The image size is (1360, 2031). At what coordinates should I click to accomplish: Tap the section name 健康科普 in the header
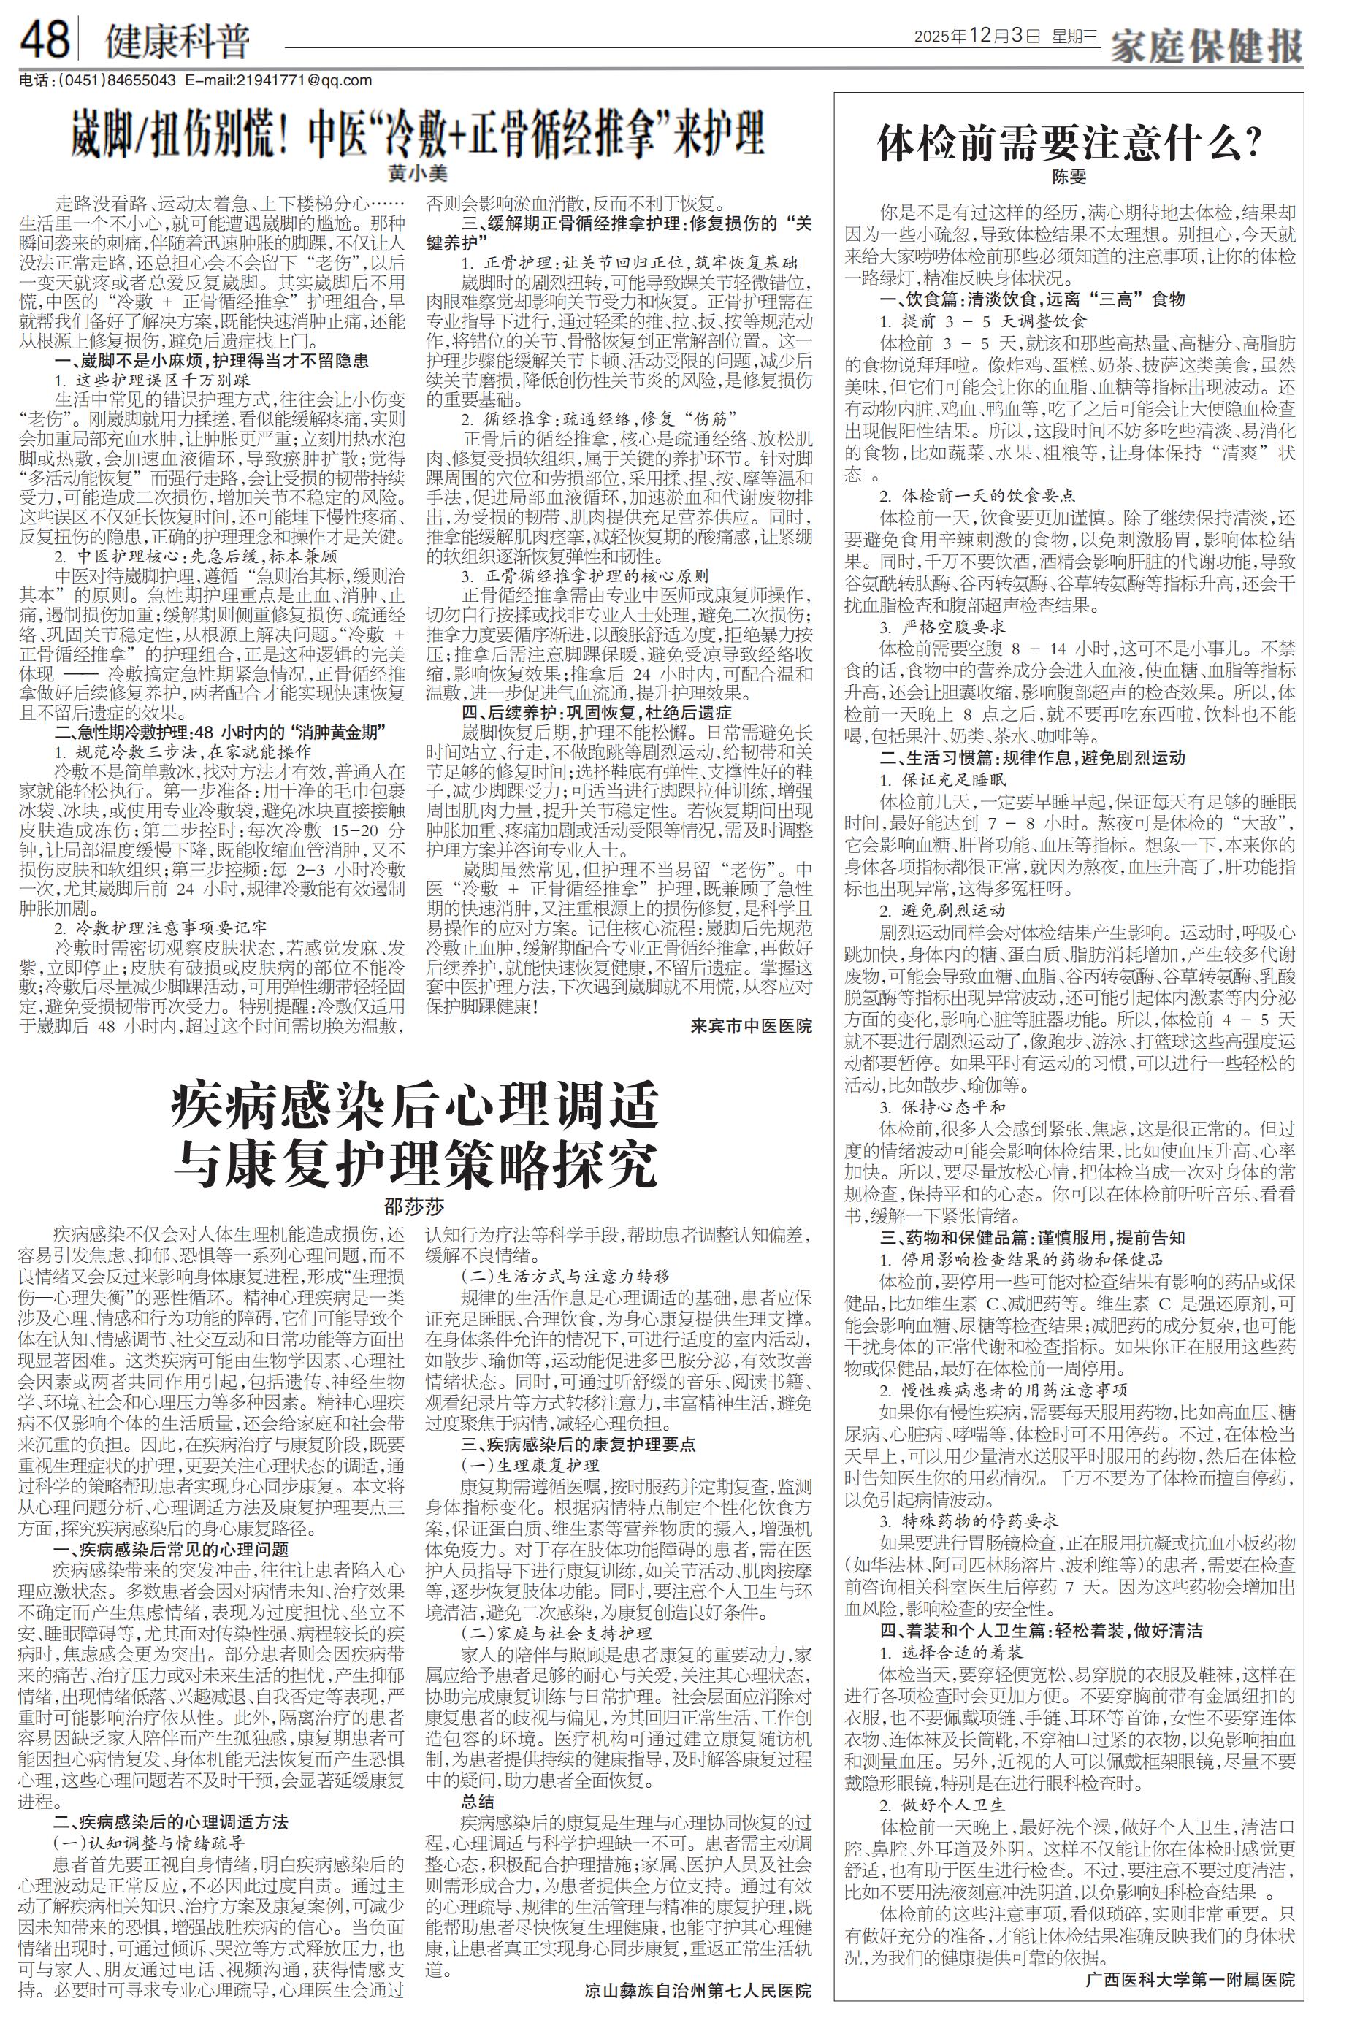(177, 41)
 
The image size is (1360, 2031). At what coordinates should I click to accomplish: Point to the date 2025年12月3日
(976, 37)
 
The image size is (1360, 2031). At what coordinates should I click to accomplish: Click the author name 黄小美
(417, 173)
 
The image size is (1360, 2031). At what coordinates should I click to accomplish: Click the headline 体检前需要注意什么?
(1069, 143)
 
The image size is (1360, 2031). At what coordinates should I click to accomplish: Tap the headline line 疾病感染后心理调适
(415, 1106)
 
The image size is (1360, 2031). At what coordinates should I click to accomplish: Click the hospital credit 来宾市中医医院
(751, 1025)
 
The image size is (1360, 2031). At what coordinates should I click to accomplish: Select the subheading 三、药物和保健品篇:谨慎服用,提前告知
(1032, 1236)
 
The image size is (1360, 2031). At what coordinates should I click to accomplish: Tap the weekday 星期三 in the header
(1074, 37)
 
